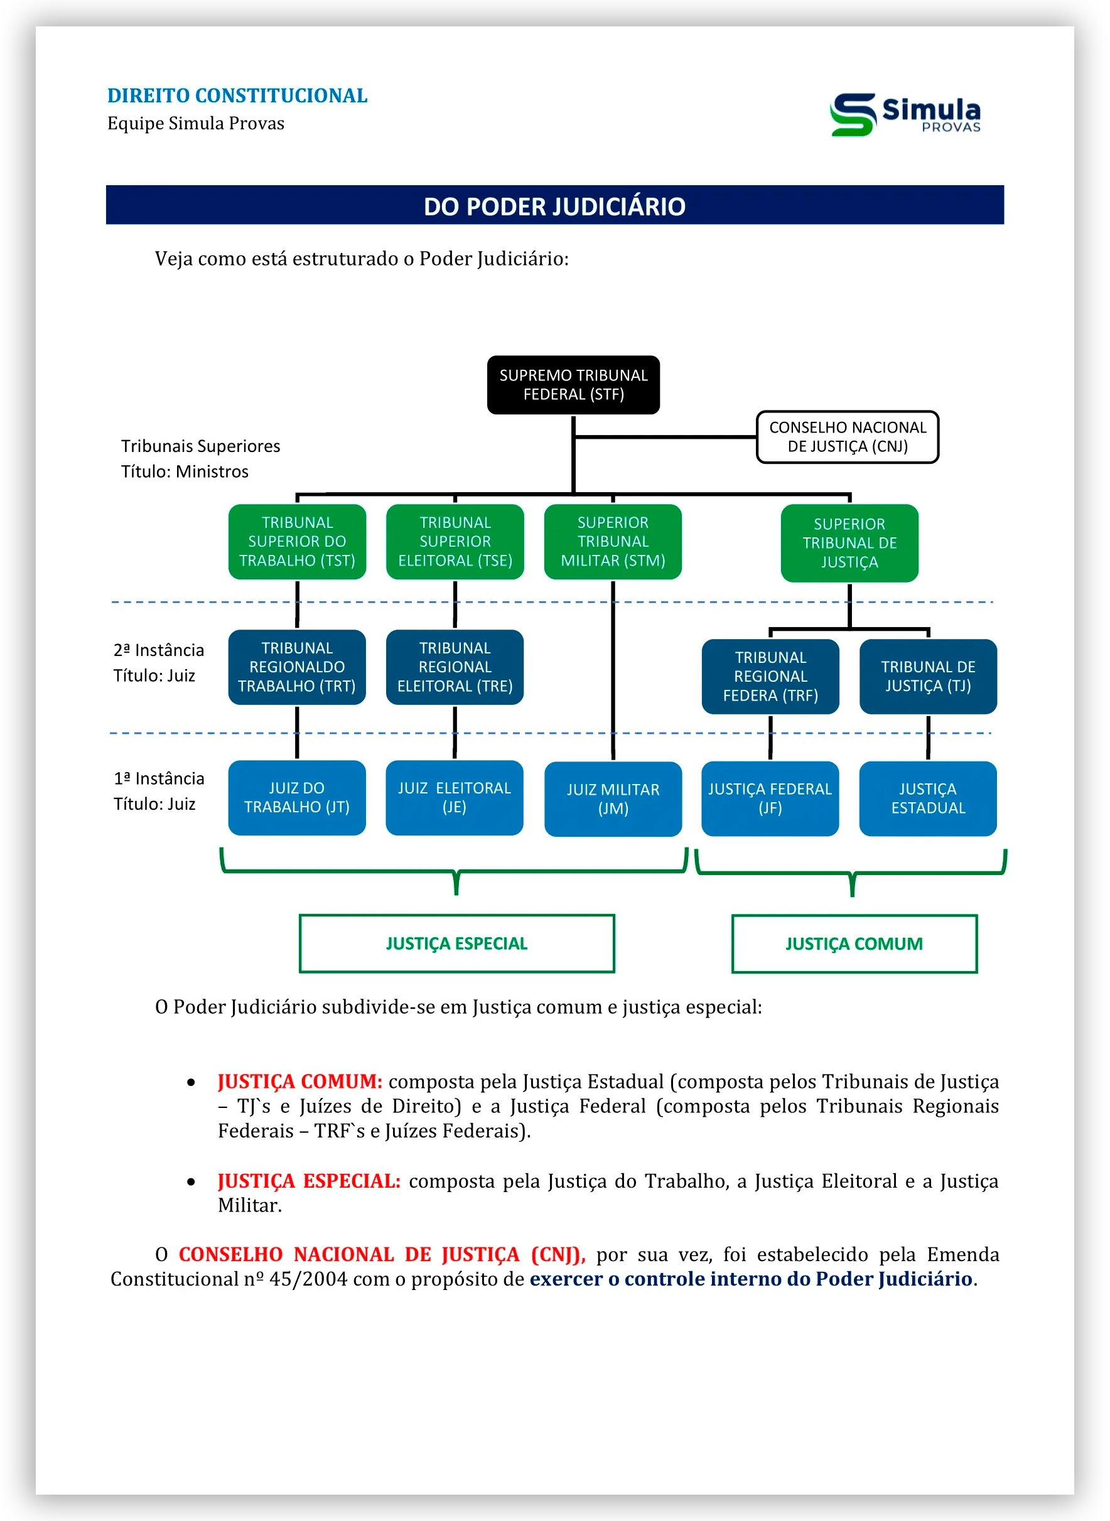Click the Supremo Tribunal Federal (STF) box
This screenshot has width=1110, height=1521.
tap(573, 385)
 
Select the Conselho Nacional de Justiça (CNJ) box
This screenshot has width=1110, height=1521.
tap(848, 438)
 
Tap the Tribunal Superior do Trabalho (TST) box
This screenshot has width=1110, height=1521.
tap(297, 542)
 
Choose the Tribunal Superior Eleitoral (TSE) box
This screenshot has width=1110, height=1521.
tap(455, 542)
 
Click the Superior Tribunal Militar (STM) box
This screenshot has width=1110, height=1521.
tap(613, 542)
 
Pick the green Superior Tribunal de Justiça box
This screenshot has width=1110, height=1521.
tap(849, 543)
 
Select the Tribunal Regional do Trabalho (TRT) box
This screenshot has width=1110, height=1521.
tap(297, 667)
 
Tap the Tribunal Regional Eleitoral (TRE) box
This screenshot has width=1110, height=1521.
tap(455, 667)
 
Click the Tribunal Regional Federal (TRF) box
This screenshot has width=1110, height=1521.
tap(770, 677)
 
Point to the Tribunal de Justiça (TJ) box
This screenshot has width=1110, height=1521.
tap(928, 677)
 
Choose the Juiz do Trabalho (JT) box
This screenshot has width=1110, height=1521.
tap(297, 797)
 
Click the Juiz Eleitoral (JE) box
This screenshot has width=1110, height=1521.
tap(454, 797)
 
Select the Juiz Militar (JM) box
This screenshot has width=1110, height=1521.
tap(613, 799)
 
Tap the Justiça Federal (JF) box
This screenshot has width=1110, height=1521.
tap(770, 798)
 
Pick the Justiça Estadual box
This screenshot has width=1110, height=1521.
tap(928, 798)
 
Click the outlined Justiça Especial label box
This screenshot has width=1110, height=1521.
tap(457, 943)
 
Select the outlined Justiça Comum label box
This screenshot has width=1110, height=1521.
tap(854, 943)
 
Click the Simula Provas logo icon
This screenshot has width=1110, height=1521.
tap(853, 114)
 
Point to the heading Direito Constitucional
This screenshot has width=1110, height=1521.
tap(237, 95)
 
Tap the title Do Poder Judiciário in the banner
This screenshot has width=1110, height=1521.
tap(554, 207)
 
